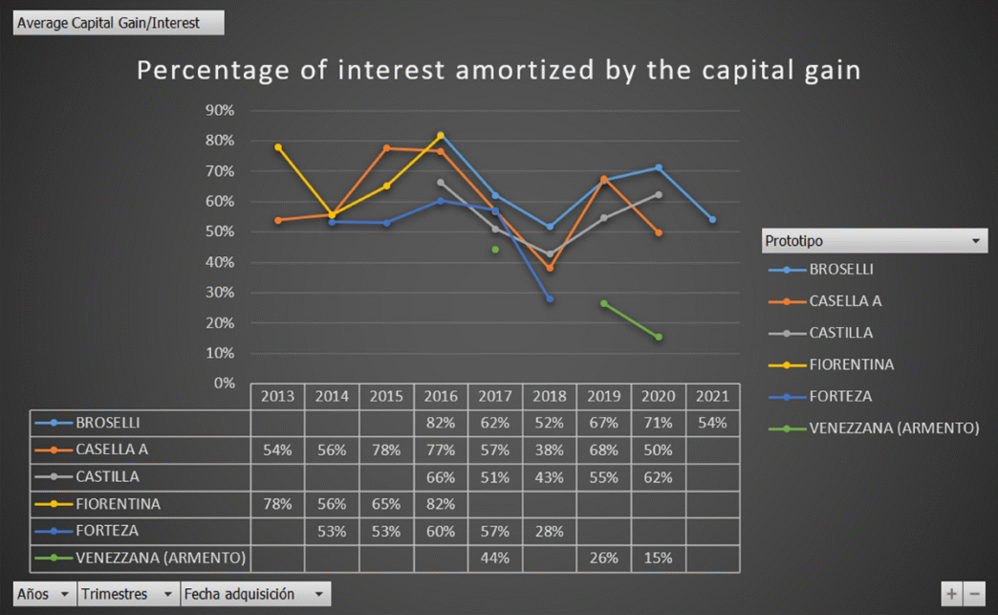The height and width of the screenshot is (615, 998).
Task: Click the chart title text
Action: coord(499,71)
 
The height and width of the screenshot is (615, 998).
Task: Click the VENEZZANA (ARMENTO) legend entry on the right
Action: coord(893,428)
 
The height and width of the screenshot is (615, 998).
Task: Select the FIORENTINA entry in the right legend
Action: coord(851,364)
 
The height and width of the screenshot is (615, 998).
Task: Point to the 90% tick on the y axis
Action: coord(220,111)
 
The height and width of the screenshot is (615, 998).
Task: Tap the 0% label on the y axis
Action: coord(224,384)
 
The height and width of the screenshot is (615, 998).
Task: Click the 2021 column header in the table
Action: coord(712,396)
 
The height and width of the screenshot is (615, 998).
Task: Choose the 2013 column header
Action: coord(277,396)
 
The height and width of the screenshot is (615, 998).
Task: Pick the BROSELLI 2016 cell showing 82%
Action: coord(441,423)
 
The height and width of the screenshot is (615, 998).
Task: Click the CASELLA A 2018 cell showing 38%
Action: coord(550,450)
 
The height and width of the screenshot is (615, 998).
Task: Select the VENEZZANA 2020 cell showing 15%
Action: coord(658,558)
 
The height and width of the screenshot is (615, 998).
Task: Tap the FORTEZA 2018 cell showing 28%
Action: coord(550,531)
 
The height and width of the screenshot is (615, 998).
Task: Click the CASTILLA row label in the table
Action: coord(107,476)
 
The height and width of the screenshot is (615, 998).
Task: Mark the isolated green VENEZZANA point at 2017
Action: coord(495,250)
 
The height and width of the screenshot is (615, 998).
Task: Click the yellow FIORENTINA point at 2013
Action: coord(278,147)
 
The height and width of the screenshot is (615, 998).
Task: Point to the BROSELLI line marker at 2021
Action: coord(712,220)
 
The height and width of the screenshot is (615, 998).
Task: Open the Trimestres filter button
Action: coord(128,594)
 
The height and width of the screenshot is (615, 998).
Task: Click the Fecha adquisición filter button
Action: coord(255,594)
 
